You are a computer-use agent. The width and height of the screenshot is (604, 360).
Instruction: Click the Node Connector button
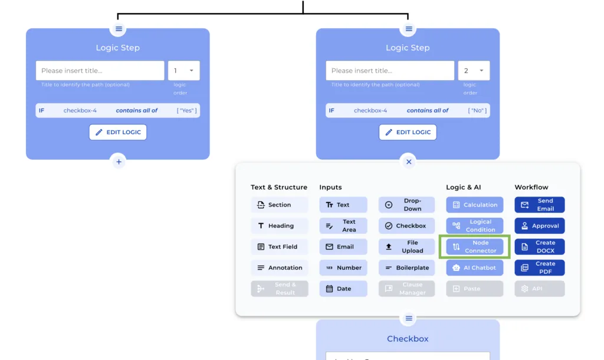pos(474,247)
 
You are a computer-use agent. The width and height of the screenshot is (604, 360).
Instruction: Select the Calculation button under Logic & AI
pos(474,205)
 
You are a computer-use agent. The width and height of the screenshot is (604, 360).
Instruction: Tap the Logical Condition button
pos(474,226)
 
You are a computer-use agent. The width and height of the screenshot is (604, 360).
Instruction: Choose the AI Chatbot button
pos(474,268)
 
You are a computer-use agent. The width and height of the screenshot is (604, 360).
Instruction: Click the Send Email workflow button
pos(539,205)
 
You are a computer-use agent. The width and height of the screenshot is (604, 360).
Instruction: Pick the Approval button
pos(539,226)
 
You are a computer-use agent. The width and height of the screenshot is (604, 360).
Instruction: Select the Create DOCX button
pos(539,247)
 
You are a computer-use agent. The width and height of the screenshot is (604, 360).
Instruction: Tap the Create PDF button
pos(539,268)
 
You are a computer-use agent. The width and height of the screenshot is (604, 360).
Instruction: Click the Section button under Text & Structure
pos(279,205)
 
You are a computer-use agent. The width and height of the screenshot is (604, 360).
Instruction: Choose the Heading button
pos(279,226)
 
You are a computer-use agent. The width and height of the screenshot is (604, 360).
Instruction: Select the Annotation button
pos(279,268)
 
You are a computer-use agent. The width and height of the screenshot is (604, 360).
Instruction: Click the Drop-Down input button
pos(406,205)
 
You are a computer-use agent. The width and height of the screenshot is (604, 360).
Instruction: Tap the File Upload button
pos(406,247)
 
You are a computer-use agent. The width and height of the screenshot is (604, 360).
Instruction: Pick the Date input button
pos(343,289)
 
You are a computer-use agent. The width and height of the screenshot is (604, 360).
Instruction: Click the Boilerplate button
pos(406,268)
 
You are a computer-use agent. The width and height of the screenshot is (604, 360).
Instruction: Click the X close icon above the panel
pos(409,161)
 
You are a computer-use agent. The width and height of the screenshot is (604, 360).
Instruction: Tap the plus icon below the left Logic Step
pos(119,161)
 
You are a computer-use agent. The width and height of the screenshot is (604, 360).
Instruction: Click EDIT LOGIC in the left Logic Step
pos(118,132)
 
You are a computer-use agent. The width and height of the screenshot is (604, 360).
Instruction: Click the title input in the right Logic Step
pos(390,71)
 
